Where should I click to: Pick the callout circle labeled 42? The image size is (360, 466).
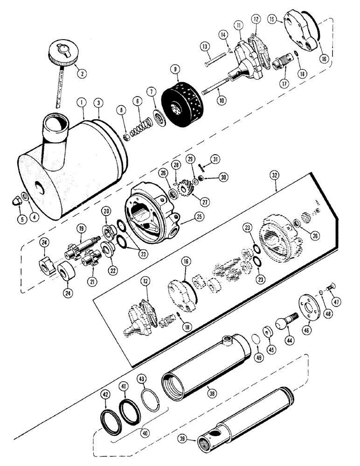[106, 394]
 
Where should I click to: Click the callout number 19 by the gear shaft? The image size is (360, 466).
[82, 228]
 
